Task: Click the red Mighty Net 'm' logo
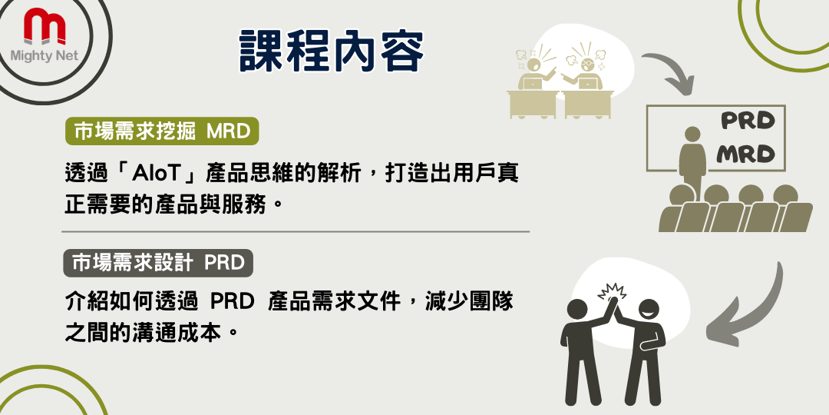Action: (x=45, y=26)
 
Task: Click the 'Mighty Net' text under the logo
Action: (x=45, y=56)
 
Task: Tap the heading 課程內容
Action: (x=332, y=51)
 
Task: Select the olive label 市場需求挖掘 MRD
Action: (x=162, y=131)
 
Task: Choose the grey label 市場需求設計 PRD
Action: (x=158, y=263)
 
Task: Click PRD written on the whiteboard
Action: (x=748, y=121)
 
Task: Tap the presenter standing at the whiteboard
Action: (x=692, y=159)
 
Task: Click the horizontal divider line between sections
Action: (x=296, y=232)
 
